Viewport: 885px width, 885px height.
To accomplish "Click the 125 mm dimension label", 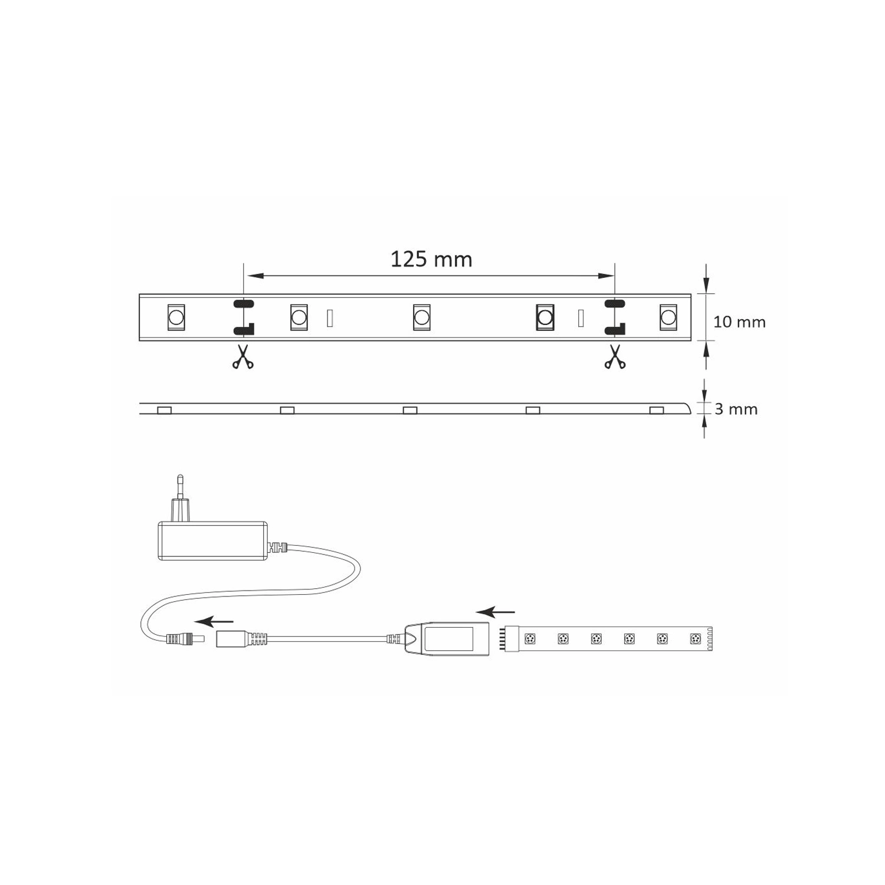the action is coord(431,260).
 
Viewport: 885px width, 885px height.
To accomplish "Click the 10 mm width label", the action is coord(739,322).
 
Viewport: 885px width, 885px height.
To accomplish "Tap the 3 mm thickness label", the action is coord(736,409).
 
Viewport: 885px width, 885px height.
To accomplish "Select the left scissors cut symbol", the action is coord(242,357).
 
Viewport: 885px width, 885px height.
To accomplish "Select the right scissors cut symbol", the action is coord(615,357).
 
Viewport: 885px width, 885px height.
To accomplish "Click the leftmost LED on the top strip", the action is coord(176,317).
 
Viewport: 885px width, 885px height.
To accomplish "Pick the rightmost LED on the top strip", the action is coord(668,317).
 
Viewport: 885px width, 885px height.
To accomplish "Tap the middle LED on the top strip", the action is coord(421,317).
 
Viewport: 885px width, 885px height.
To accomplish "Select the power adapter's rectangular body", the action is coord(212,540).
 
